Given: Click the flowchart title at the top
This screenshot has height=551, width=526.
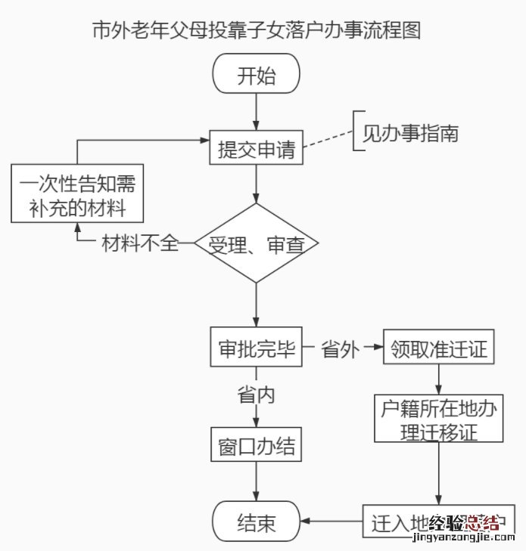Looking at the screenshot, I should (x=256, y=30).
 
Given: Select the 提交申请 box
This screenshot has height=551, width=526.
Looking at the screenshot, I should (x=257, y=147).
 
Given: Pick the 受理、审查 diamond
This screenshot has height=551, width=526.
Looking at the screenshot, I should (x=257, y=243).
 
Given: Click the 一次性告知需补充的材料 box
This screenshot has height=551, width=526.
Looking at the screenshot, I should (x=73, y=195).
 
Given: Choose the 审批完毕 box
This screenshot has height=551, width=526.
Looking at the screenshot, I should (x=257, y=349).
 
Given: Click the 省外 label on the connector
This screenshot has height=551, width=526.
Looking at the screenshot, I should (x=341, y=349).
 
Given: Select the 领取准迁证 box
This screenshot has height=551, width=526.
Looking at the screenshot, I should (x=440, y=349).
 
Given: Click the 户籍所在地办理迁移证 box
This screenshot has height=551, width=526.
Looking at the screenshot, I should (x=439, y=419).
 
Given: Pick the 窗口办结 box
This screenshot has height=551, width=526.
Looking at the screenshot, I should (x=257, y=446).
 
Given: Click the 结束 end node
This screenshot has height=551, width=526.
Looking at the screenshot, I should (x=257, y=522).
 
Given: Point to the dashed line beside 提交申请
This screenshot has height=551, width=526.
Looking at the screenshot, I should (x=328, y=141).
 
